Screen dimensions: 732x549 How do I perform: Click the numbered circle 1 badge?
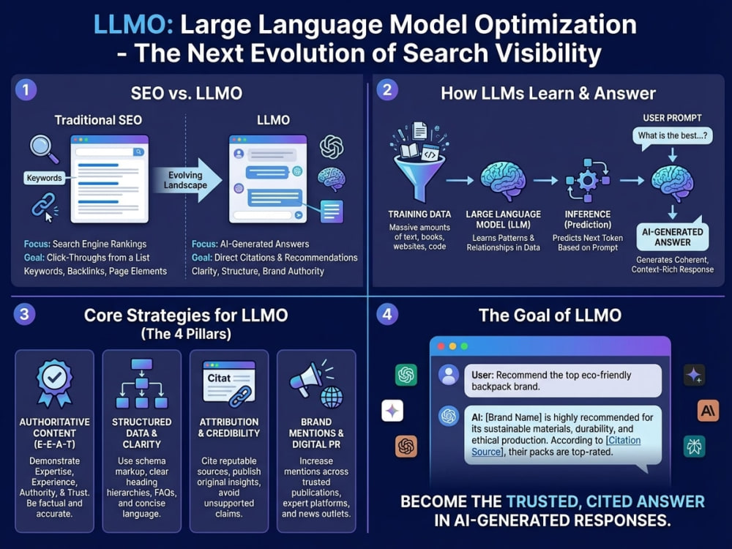click(26, 89)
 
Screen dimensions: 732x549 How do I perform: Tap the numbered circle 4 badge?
click(387, 314)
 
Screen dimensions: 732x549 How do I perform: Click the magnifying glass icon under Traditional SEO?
click(44, 149)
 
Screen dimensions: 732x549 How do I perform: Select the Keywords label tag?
click(45, 178)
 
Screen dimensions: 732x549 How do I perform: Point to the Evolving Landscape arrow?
click(187, 180)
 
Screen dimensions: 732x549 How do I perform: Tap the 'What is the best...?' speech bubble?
click(672, 136)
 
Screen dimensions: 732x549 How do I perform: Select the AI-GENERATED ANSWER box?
click(672, 236)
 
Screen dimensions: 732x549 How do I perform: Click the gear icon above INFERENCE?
click(588, 180)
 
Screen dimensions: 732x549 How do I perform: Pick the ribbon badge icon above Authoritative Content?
click(55, 383)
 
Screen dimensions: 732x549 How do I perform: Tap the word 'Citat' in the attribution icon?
click(219, 378)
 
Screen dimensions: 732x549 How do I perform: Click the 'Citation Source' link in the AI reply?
click(556, 446)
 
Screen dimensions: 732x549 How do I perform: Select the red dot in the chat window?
click(441, 346)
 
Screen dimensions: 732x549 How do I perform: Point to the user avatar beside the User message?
click(449, 375)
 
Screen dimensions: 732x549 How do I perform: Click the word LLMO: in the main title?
click(133, 24)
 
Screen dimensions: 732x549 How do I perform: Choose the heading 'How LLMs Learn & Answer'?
click(548, 94)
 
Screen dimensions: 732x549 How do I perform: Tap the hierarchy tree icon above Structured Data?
click(141, 384)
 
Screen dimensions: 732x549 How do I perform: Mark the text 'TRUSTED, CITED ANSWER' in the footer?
click(605, 501)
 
